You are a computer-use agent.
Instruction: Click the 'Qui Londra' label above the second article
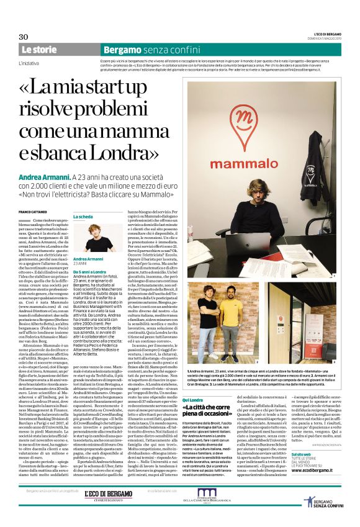(x=199, y=382)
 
